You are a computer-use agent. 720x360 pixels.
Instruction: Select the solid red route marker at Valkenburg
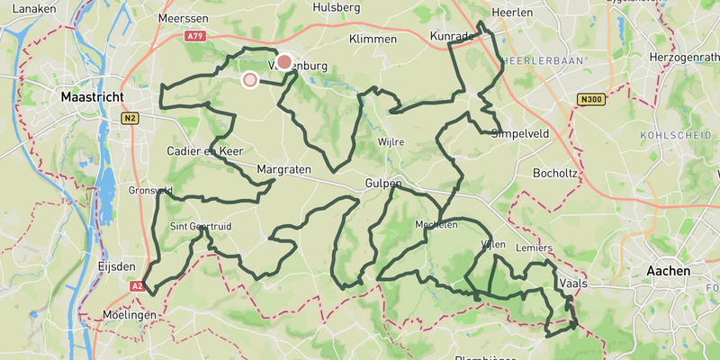pos(284,62)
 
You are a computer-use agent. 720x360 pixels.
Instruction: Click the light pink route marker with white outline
pos(250,80)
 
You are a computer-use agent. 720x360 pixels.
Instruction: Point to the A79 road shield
pos(195,36)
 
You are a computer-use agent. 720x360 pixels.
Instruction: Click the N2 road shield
pos(130,118)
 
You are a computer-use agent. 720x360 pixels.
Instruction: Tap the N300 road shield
pos(590,100)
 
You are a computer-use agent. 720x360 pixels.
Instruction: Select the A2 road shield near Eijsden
pos(136,286)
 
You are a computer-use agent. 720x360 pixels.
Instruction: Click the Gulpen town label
pos(382,184)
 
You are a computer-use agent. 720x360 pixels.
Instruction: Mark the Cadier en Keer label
pos(203,151)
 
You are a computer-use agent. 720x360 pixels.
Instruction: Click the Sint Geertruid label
pos(201,227)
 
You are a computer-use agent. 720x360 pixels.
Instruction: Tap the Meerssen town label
pos(183,18)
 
